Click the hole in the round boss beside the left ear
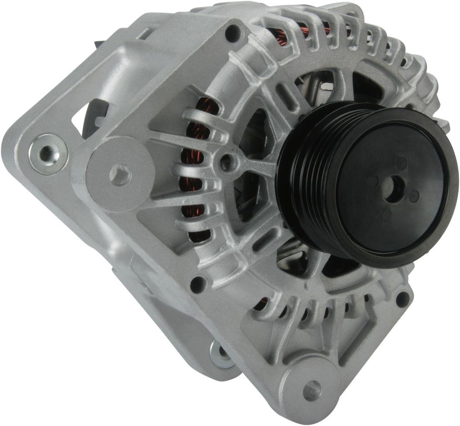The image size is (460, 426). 119,174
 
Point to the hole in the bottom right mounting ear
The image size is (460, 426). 312,390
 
